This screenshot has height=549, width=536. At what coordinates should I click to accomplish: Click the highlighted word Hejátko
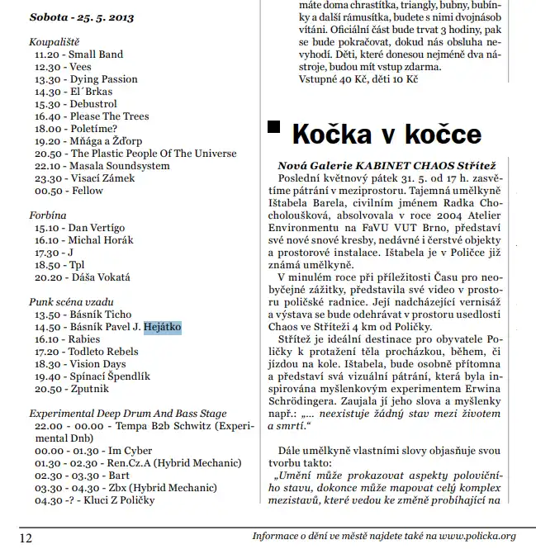(x=162, y=328)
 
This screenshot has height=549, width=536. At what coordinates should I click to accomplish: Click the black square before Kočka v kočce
(x=276, y=130)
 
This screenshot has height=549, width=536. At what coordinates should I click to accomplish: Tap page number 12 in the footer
(x=25, y=537)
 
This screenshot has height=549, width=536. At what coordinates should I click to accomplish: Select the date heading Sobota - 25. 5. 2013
(x=81, y=17)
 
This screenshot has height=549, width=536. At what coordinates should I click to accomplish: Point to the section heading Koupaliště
(x=55, y=41)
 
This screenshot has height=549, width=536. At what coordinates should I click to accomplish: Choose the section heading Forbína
(x=48, y=215)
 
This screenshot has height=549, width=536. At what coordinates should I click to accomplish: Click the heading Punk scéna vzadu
(x=71, y=302)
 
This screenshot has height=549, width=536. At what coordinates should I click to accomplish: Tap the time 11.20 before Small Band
(x=48, y=54)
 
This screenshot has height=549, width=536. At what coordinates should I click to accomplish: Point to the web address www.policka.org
(x=467, y=536)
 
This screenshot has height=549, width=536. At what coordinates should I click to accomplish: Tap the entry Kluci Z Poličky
(x=107, y=500)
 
